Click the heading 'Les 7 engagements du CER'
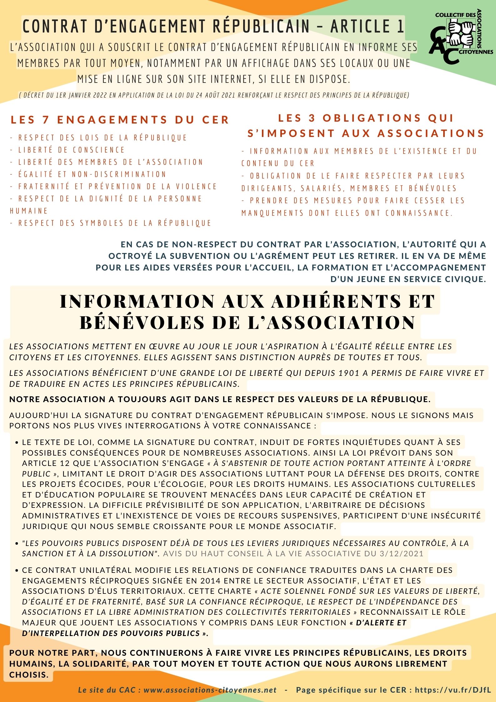click(120, 120)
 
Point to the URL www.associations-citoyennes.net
click(210, 690)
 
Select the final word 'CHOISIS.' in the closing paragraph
click(29, 674)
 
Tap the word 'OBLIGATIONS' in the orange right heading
click(372, 118)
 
